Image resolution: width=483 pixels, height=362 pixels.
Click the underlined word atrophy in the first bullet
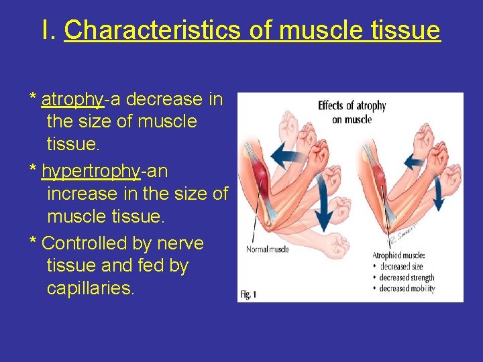(72, 100)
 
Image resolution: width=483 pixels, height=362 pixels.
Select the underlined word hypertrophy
(91, 172)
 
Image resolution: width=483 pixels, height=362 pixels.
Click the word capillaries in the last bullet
(90, 289)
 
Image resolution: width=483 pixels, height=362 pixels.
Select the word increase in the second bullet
(80, 194)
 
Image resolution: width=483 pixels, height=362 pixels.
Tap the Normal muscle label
(268, 249)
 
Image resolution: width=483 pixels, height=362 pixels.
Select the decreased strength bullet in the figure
(406, 278)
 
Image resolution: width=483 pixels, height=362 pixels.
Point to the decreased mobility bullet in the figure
(406, 288)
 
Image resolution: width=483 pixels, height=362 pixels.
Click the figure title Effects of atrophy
(352, 105)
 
